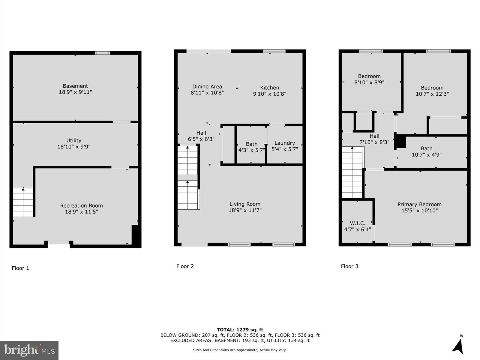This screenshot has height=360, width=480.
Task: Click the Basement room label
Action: click(75, 86)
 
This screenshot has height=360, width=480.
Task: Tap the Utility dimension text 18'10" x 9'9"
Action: click(74, 147)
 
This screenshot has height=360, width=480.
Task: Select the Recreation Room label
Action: click(81, 205)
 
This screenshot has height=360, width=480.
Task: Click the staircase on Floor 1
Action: click(23, 202)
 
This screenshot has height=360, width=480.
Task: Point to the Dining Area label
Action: click(207, 87)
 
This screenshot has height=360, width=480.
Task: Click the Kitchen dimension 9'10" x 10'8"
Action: click(269, 94)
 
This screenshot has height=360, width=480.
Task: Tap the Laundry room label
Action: click(284, 143)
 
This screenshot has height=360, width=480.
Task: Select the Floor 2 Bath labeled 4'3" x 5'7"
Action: click(251, 147)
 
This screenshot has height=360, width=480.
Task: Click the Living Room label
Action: click(245, 204)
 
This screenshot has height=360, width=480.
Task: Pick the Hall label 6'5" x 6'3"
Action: click(201, 136)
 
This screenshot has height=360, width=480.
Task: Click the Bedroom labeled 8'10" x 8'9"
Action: click(369, 79)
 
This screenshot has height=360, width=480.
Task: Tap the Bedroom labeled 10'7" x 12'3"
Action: click(432, 91)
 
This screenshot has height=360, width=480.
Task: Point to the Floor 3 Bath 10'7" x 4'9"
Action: click(427, 151)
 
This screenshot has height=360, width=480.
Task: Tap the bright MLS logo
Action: click(29, 350)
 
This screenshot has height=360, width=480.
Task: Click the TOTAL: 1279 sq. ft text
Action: click(240, 330)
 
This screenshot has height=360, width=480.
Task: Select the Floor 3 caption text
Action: click(349, 266)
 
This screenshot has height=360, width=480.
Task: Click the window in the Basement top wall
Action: click(103, 53)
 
